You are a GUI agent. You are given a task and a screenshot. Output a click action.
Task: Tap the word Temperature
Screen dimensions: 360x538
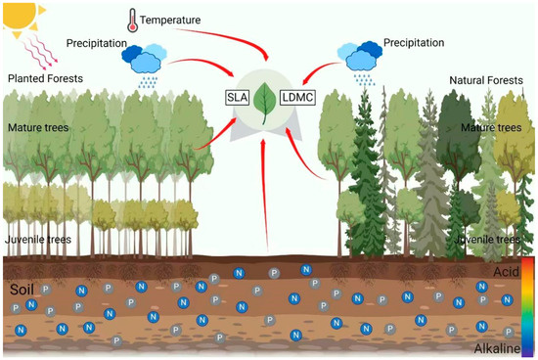pyautogui.click(x=170, y=19)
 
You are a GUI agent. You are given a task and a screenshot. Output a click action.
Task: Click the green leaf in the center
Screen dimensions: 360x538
pyautogui.click(x=264, y=98)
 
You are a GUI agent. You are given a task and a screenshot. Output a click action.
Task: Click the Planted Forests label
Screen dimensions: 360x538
pyautogui.click(x=44, y=77)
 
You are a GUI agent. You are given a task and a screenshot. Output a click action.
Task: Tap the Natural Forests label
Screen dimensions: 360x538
pyautogui.click(x=486, y=79)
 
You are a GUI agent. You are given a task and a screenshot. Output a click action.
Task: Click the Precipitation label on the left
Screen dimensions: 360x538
pyautogui.click(x=98, y=44)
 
